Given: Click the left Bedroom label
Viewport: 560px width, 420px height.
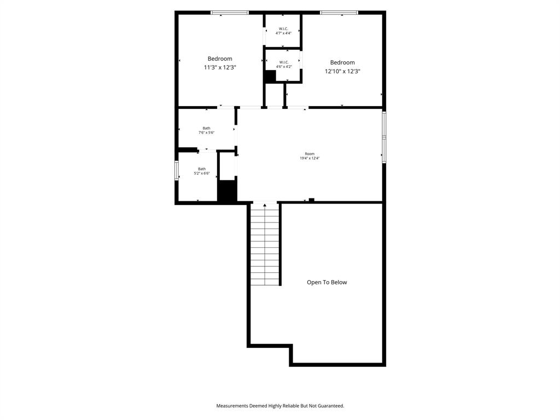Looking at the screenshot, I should click(x=219, y=59).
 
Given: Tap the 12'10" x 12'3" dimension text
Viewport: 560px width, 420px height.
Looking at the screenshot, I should click(x=342, y=71).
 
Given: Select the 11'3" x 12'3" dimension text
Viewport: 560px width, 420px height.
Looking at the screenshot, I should click(x=219, y=67).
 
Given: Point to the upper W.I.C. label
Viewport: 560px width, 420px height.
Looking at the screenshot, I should click(x=283, y=28).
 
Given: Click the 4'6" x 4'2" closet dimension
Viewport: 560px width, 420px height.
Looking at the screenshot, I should click(x=284, y=67).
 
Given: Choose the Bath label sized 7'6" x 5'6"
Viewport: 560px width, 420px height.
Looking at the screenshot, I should click(x=206, y=128).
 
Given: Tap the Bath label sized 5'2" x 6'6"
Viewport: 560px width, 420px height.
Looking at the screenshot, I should click(x=202, y=169).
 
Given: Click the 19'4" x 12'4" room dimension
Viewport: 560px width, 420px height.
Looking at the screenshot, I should click(x=310, y=158).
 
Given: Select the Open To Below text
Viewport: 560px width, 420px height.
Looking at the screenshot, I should click(x=326, y=282).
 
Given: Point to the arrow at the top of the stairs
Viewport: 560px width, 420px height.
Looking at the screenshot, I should click(x=265, y=205).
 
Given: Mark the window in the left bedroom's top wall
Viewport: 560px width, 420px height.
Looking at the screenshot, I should click(x=230, y=13).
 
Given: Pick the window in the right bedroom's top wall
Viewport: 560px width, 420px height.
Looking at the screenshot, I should click(x=339, y=13).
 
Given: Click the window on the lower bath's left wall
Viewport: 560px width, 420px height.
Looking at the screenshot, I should click(x=177, y=171).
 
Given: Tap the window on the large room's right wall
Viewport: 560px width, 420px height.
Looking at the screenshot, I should click(x=384, y=137).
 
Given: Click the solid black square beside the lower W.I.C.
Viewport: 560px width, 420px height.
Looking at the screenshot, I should click(x=270, y=77).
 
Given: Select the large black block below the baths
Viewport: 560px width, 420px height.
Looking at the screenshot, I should click(x=227, y=191).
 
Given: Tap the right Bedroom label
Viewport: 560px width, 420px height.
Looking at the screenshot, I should click(x=342, y=62).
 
